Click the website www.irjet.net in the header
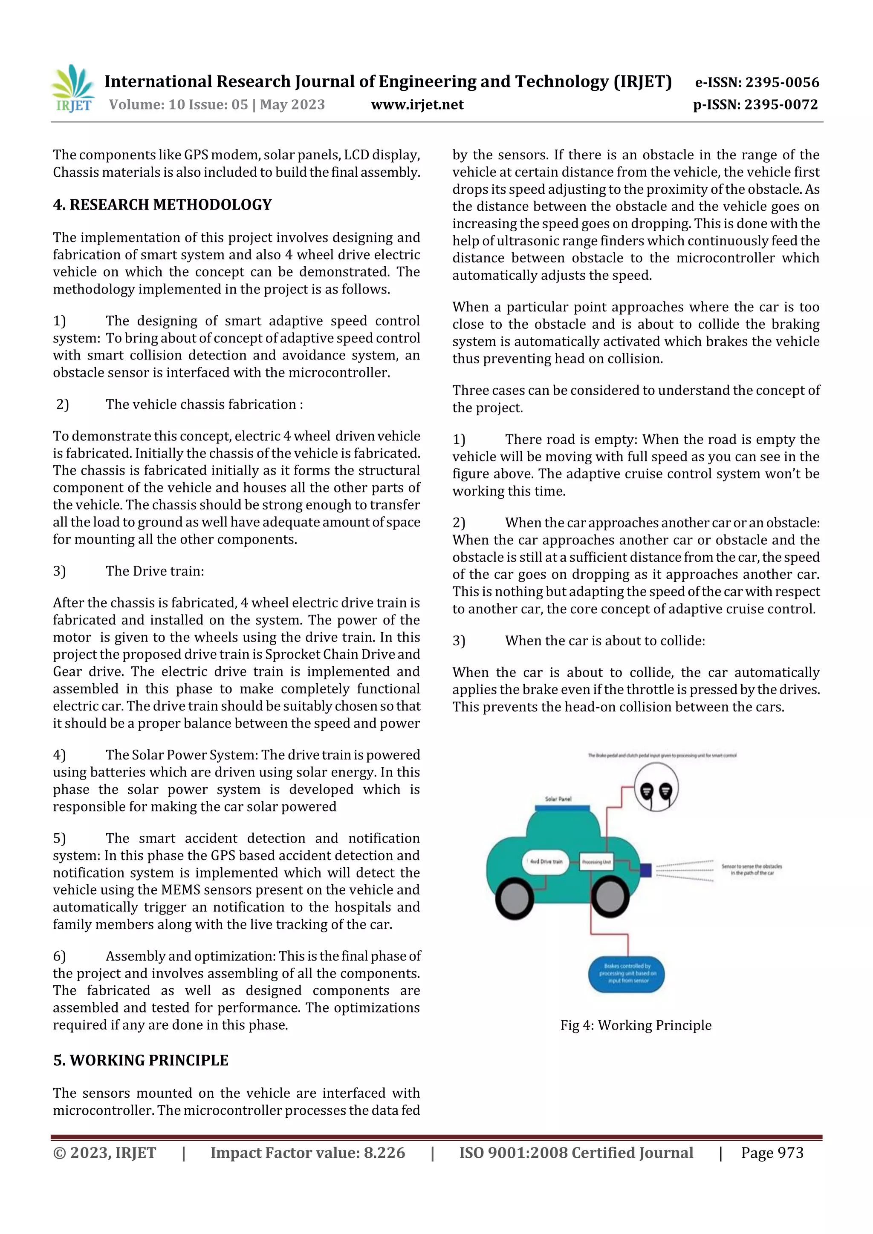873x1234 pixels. [x=417, y=104]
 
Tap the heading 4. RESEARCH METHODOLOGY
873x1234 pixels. [x=162, y=205]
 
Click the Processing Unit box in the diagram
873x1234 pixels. [x=596, y=862]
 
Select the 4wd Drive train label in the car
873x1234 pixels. [x=546, y=862]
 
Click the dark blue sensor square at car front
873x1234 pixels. [x=646, y=870]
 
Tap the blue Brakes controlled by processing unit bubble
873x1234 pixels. [x=627, y=973]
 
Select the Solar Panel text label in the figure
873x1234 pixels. [x=558, y=799]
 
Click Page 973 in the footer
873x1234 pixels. [x=772, y=1153]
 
